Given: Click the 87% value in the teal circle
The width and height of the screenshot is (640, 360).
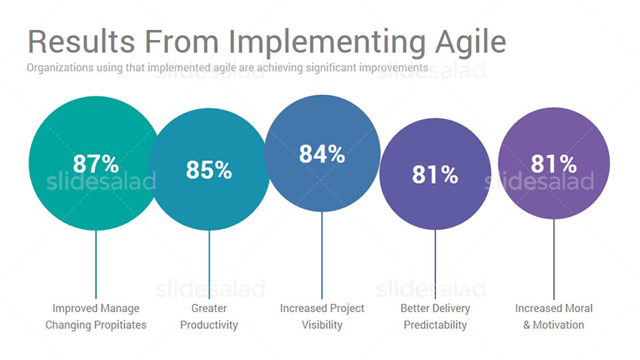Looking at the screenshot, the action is point(96,163).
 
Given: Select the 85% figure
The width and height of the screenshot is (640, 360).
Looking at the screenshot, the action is point(209,169).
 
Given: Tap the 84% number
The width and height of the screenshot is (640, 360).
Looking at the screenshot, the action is point(322,154).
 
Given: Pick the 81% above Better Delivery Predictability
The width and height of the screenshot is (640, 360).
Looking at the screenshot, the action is point(435,175).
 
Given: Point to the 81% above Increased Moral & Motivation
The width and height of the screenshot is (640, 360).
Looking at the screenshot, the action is point(554,164).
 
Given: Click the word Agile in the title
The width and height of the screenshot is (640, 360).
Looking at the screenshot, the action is point(470,42).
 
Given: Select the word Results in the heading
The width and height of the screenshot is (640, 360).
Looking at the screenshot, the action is point(81,41).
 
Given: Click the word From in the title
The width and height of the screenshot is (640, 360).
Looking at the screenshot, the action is point(181,41).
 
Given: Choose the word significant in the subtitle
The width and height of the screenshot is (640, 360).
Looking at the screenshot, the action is point(331,68).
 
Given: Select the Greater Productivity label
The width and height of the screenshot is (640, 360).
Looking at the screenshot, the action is point(209,317).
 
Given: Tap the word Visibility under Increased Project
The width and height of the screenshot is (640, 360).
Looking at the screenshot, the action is point(322,325).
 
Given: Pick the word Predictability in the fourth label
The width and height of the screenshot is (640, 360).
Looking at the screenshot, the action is point(435,325).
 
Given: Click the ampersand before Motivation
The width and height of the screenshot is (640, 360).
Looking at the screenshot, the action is point(527,325).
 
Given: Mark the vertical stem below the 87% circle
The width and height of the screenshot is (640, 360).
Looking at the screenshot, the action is point(96,264).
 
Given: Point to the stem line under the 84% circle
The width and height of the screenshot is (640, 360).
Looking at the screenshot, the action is point(322,255).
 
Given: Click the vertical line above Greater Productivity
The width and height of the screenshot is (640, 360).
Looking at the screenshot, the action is point(209,264).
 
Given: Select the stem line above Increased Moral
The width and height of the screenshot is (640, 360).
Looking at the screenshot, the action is point(554,259).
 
